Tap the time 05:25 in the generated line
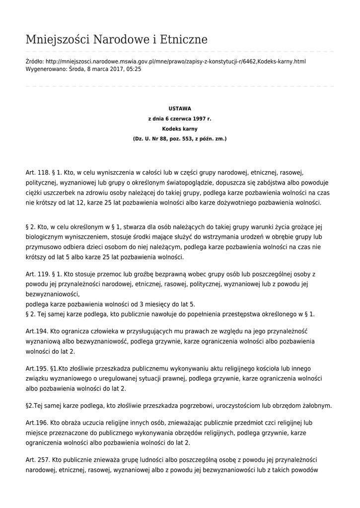tap(133, 69)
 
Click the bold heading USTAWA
tap(180, 108)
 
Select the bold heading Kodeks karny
tap(180, 128)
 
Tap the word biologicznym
tap(48, 237)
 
